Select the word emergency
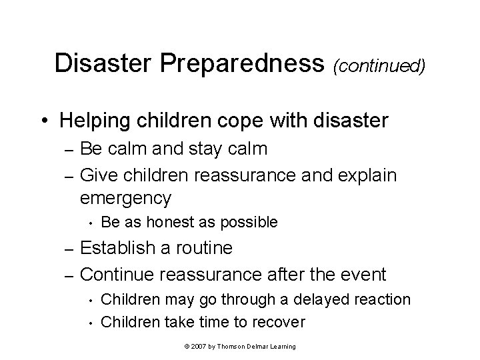pos(125,198)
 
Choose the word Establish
pos(117,249)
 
